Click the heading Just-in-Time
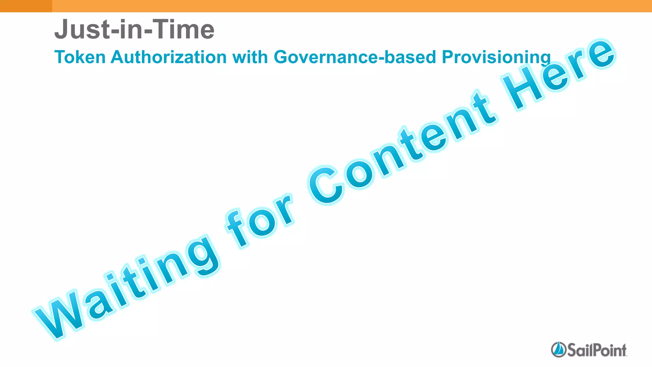click(134, 29)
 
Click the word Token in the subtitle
click(80, 57)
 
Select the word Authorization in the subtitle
click(169, 57)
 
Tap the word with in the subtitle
click(250, 57)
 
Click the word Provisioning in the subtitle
click(496, 58)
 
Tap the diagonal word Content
click(401, 147)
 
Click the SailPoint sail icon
click(558, 349)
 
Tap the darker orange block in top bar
click(26, 6)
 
